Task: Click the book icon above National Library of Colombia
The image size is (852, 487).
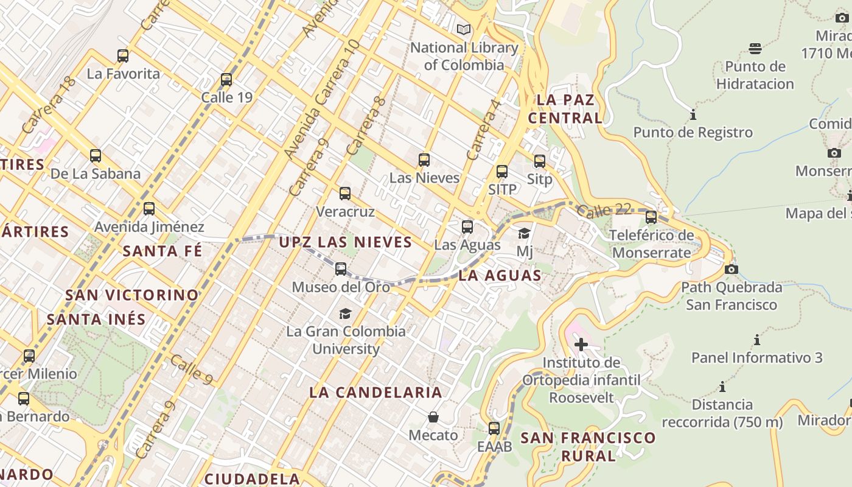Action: click(464, 29)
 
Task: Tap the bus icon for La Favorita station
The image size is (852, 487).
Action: click(123, 56)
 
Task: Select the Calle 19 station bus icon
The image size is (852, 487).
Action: click(226, 80)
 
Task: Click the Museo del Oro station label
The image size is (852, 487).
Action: click(341, 287)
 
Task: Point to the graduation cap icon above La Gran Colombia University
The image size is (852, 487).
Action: click(345, 314)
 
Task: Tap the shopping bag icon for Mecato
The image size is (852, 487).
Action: click(433, 417)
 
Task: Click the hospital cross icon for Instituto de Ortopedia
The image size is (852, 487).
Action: click(581, 345)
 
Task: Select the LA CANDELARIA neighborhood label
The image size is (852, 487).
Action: click(375, 392)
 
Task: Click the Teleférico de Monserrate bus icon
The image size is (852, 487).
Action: click(651, 217)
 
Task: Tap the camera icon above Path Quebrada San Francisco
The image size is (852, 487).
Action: click(732, 269)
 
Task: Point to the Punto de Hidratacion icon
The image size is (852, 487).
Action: click(755, 48)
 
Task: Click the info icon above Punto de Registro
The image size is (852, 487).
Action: click(693, 114)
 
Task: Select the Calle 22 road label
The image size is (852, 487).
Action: click(604, 211)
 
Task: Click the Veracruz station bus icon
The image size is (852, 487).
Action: click(345, 194)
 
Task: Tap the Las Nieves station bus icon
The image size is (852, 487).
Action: click(424, 160)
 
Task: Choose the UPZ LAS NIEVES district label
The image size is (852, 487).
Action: click(346, 242)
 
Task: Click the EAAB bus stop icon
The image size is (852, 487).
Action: click(494, 429)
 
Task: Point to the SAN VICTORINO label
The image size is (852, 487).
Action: click(132, 295)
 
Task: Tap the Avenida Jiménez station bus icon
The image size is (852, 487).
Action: click(149, 209)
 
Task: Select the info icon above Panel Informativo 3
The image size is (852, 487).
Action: click(757, 340)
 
